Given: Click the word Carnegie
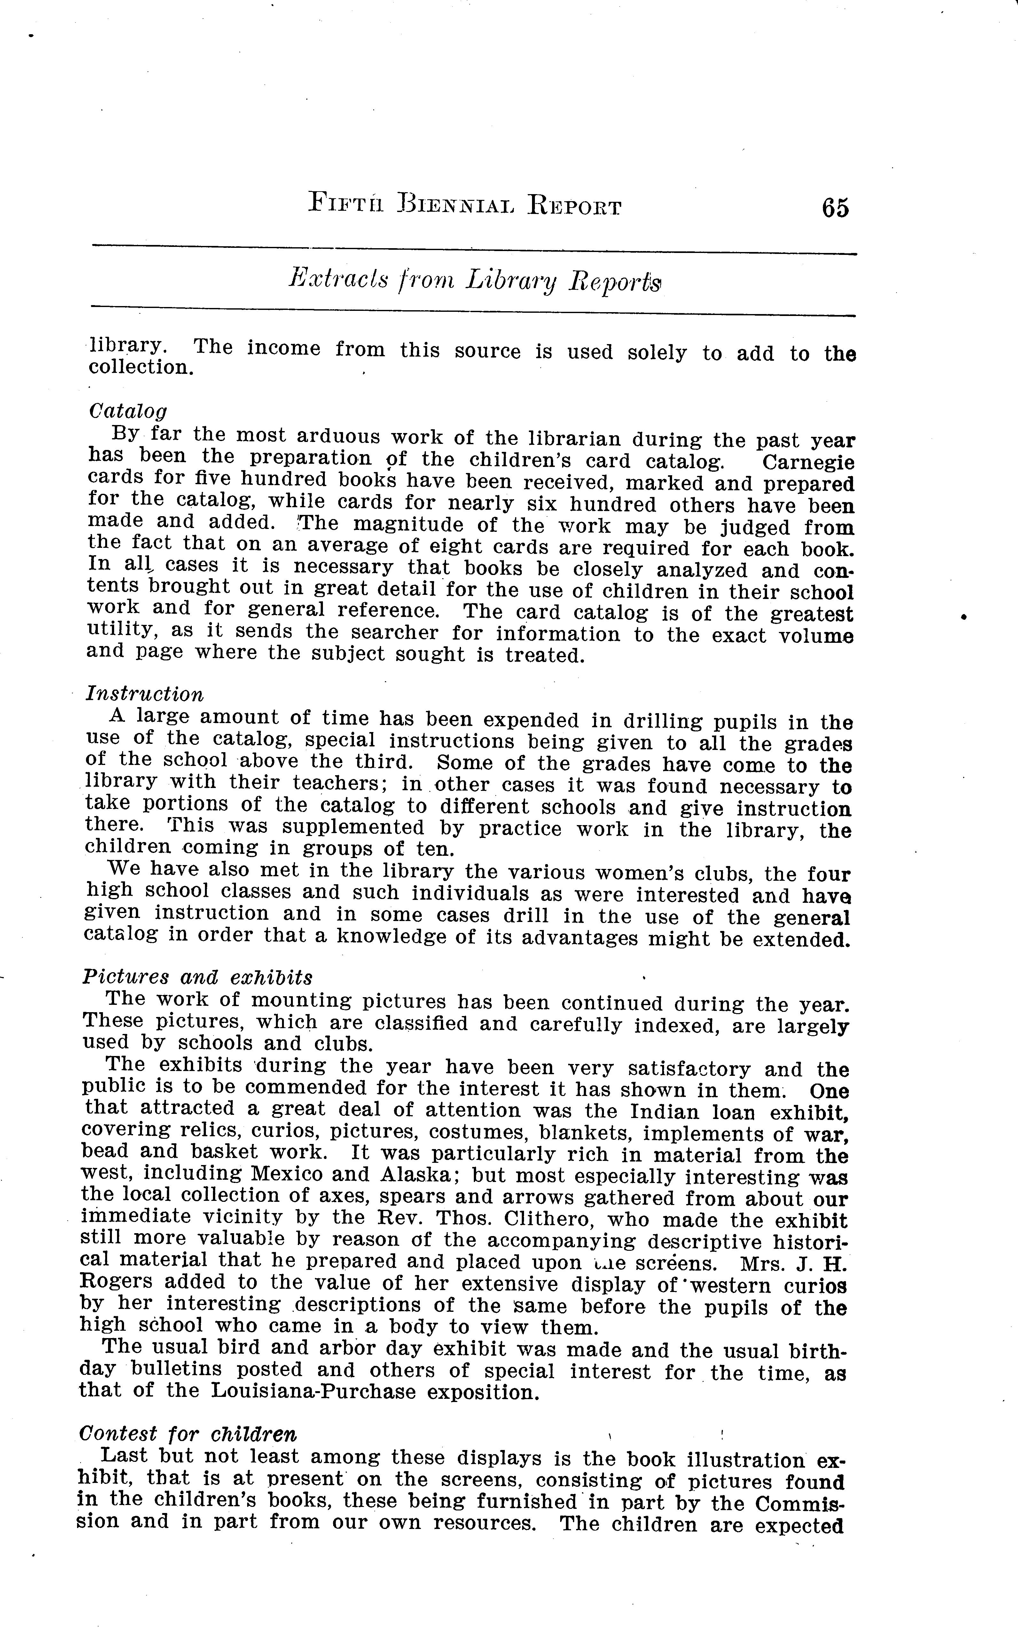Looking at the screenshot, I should (808, 463).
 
